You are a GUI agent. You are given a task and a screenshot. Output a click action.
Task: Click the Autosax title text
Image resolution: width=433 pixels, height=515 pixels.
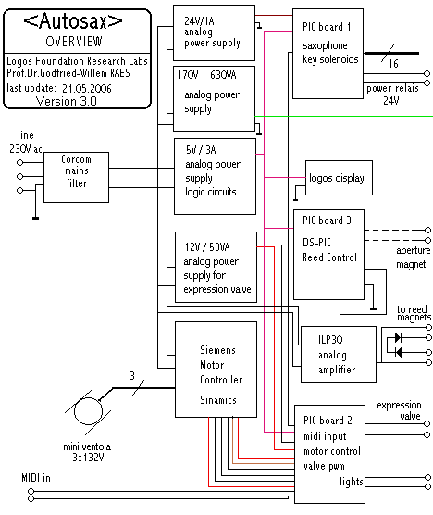[x=73, y=21]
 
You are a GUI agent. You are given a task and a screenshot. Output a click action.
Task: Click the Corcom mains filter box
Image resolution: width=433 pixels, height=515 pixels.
[x=76, y=177]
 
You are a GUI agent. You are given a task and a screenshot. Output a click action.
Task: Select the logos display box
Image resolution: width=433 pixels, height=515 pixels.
[x=339, y=178]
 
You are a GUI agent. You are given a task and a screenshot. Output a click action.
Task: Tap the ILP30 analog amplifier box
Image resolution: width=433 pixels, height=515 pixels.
[x=339, y=354]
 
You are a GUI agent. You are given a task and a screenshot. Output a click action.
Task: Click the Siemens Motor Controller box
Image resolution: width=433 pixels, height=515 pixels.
[x=216, y=370]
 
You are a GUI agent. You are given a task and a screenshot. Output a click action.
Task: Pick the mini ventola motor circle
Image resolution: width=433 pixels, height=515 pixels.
[x=88, y=411]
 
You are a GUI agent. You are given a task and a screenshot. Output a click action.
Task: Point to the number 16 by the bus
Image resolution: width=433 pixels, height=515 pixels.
[x=393, y=63]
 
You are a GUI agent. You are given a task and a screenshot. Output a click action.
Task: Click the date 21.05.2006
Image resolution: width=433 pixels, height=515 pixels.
[x=87, y=88]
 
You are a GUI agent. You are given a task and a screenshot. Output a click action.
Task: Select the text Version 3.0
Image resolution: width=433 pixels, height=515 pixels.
[x=66, y=101]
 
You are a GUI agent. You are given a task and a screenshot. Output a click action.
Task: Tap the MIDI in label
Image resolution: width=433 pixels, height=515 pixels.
[x=36, y=478]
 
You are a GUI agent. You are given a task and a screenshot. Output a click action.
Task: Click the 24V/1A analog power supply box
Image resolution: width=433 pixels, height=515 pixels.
[x=214, y=32]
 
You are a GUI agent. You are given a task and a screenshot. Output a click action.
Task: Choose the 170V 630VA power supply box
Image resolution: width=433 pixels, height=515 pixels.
[x=214, y=98]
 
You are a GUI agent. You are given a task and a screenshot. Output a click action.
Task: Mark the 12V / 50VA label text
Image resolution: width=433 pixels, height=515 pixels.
[x=207, y=247]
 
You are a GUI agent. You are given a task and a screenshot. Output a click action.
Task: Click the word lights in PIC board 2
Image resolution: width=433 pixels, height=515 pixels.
[x=352, y=482]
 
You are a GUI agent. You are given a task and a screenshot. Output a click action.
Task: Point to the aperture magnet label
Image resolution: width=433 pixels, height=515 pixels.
[x=413, y=257]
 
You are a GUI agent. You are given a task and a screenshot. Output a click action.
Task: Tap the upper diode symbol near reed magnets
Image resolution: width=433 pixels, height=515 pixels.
[x=398, y=337]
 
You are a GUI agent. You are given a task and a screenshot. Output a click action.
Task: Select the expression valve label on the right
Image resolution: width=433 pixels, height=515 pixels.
[x=399, y=410]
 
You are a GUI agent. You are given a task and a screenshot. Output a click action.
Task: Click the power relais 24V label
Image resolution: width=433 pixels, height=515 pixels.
[x=392, y=94]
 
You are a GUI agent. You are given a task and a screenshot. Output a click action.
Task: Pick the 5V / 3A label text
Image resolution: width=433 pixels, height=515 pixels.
[x=201, y=150]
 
